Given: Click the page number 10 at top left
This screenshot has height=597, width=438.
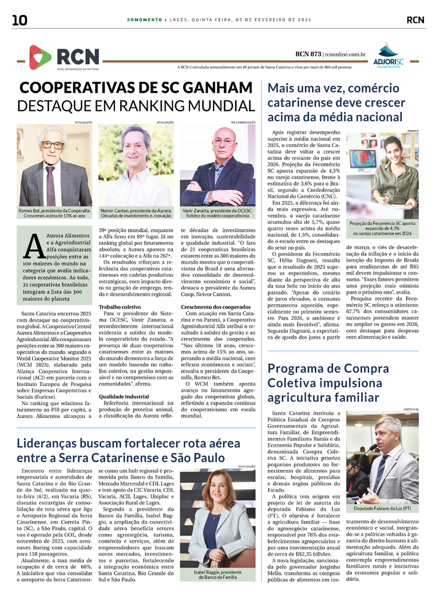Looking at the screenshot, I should [x=19, y=20].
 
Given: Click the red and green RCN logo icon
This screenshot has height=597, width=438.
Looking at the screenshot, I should [x=40, y=57].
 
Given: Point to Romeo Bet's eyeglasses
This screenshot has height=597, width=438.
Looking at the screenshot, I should [x=53, y=144].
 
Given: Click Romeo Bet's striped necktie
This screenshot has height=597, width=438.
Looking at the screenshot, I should [x=51, y=185].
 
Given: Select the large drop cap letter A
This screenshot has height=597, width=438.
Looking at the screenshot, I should [x=34, y=244].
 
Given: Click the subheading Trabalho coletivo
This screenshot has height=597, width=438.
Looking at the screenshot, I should [x=119, y=306].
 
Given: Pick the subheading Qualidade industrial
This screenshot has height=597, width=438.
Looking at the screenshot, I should [x=123, y=396].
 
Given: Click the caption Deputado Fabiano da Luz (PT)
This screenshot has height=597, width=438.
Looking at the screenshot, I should [x=382, y=508].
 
